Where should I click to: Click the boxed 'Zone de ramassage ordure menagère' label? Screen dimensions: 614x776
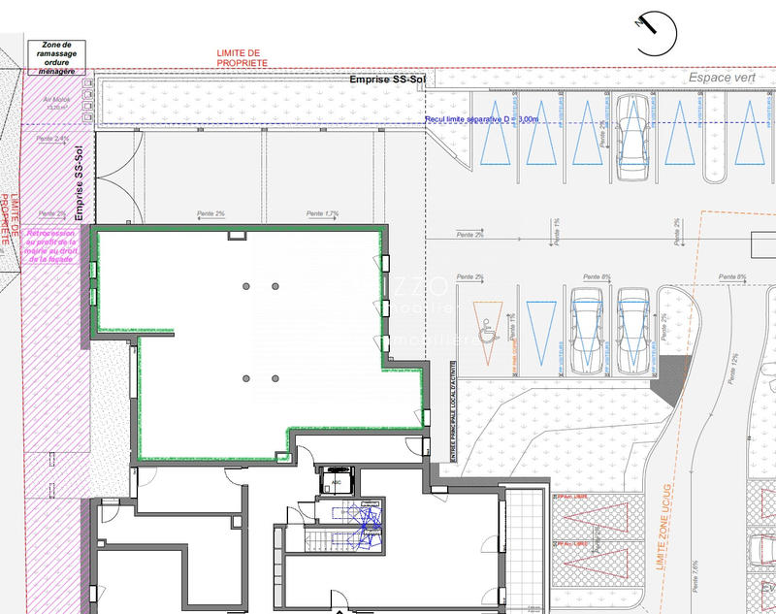pos(56,55)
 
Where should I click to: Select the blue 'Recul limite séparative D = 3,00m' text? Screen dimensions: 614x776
pos(481,119)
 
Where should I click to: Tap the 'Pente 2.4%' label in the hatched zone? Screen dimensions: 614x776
pos(52,140)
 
